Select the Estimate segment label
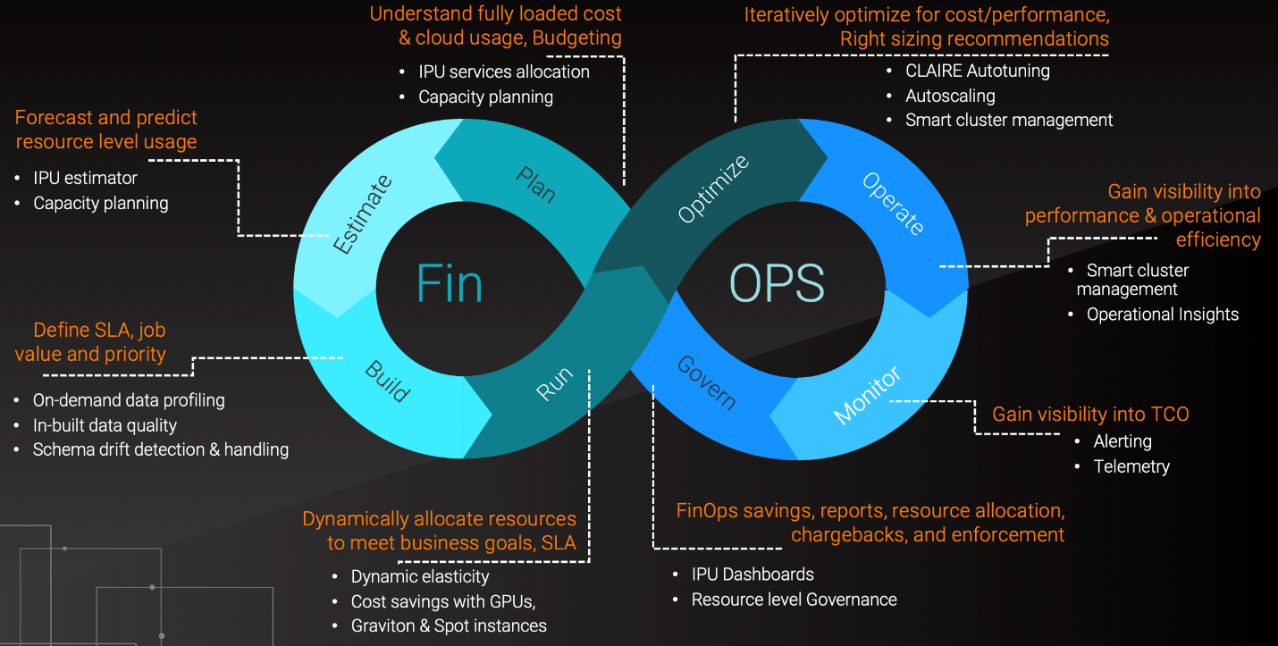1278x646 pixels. pos(363,214)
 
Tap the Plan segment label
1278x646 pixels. pos(535,184)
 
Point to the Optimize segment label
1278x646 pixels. pos(713,189)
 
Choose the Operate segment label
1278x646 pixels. pos(893,203)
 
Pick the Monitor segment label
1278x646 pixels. pos(867,394)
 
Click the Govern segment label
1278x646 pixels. pos(706,382)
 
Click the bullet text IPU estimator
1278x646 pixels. pos(86,178)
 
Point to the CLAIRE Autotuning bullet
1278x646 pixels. pos(978,71)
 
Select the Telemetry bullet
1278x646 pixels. pos(1131,466)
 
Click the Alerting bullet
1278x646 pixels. pos(1122,441)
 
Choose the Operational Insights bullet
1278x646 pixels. pos(1163,315)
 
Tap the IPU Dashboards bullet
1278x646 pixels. pos(753,575)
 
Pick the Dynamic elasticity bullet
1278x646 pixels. pos(420,576)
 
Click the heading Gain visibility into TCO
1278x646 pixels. pos(1090,415)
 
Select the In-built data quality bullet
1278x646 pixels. pos(105,425)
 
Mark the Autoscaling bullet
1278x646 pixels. pos(950,96)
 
